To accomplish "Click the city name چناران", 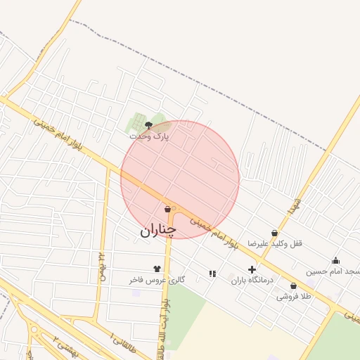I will [158, 230].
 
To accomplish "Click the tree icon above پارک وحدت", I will [148, 124].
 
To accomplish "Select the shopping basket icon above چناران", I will [167, 209].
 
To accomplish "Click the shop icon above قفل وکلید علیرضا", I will [274, 233].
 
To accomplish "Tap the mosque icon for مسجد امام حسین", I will [335, 261].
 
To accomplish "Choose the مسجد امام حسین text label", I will [333, 271].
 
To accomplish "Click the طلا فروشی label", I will [293, 296].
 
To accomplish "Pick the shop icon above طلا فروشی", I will [293, 285].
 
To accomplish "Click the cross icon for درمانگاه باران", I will [252, 269].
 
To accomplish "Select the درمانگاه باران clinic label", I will [252, 280].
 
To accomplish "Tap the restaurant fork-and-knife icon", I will [212, 274].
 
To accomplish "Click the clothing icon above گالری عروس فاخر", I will [157, 269].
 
